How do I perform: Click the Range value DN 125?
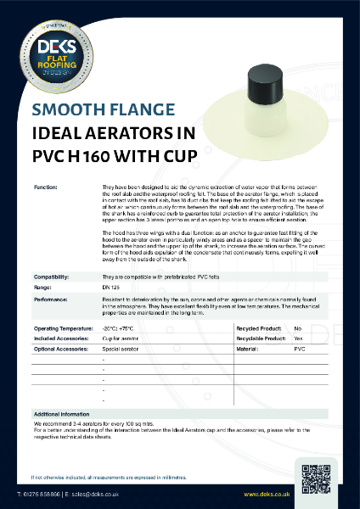(111, 288)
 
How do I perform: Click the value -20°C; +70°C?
(119, 327)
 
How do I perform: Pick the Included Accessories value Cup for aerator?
(121, 337)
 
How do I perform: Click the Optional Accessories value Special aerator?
(120, 348)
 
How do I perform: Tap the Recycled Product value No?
(297, 327)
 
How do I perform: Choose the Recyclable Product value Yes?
(298, 337)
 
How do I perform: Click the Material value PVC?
(299, 348)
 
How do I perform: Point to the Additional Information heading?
(65, 411)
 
